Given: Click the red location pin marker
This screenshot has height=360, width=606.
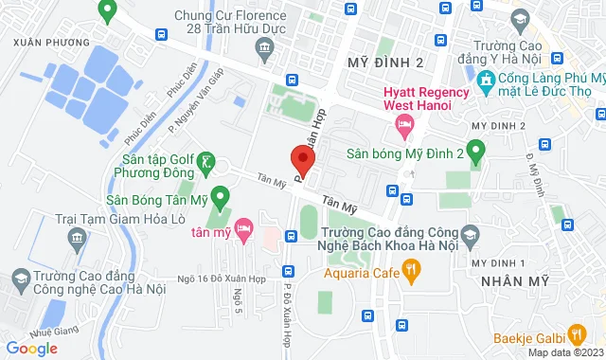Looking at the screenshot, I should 301,159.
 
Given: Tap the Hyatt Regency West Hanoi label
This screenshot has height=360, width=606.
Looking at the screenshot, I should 425,99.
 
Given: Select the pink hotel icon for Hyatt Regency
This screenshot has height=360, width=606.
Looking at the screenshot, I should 404,124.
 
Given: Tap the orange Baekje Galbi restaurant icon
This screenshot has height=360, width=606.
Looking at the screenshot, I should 576,333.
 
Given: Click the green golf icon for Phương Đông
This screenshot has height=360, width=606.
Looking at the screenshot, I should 206,164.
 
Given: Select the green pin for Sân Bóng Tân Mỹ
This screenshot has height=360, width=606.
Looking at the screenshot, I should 221,199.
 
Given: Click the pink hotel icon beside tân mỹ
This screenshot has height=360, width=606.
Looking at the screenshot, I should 244,228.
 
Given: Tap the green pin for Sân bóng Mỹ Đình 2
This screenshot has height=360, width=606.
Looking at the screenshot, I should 476,151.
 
